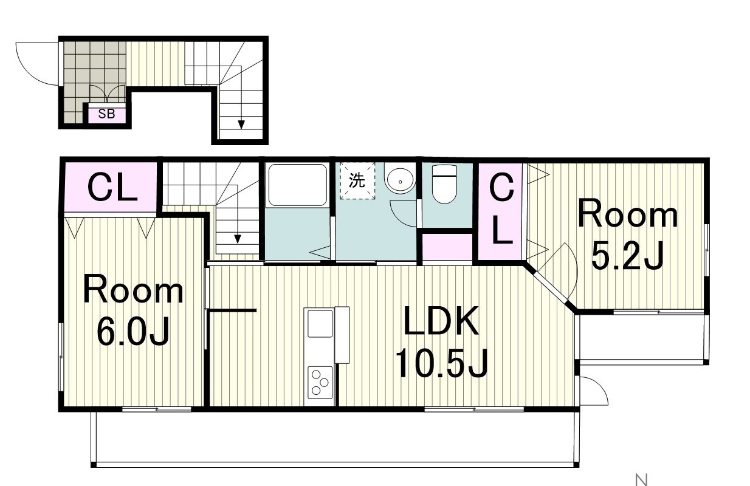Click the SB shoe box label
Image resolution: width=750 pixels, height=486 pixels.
(x=106, y=114)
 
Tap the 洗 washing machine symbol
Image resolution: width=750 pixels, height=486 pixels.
(x=357, y=181)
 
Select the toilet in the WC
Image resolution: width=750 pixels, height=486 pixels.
(x=444, y=184)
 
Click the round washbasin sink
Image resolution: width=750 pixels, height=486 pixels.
(x=400, y=181)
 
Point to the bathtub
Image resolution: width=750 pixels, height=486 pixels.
(x=297, y=185)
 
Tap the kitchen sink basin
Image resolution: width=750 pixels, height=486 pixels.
(x=320, y=324)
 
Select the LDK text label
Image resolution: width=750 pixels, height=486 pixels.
(x=441, y=321)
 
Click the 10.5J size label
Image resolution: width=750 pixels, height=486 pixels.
(x=441, y=363)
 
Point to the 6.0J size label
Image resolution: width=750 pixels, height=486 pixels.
(x=133, y=330)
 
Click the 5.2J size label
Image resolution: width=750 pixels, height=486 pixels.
(x=627, y=255)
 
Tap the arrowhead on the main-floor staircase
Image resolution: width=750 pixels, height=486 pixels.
(x=238, y=239)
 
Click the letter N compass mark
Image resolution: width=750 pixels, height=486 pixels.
(x=642, y=479)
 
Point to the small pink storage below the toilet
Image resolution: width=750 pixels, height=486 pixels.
(x=447, y=247)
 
